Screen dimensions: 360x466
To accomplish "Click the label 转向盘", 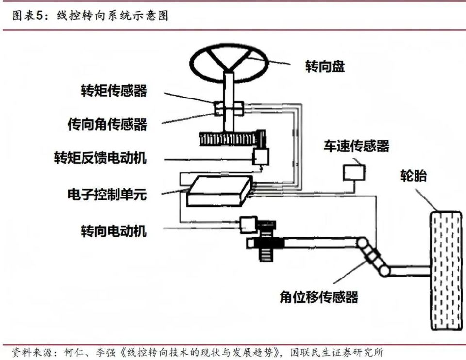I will (x=325, y=67).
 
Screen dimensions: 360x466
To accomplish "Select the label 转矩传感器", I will (x=114, y=91).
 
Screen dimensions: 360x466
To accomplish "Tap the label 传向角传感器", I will (x=107, y=124).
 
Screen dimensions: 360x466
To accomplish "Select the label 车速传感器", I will (x=356, y=146).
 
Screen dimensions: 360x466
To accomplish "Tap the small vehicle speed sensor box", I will (x=354, y=173).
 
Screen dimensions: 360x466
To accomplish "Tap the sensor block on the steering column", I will (x=228, y=109).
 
